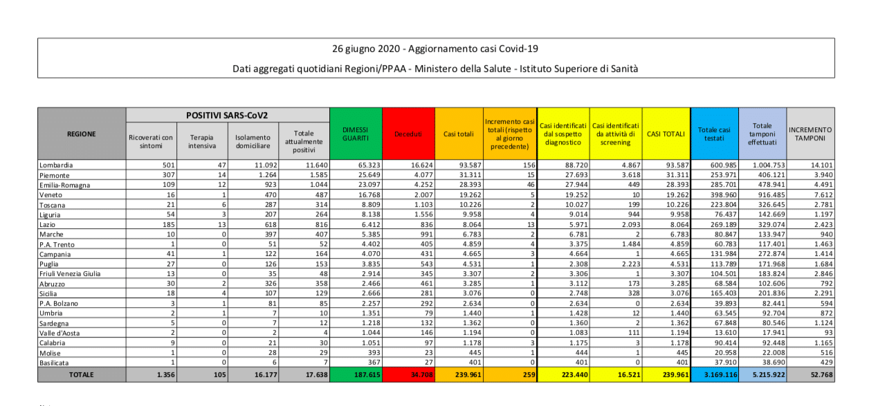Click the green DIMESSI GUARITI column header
coord(356,134)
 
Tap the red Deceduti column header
coord(408,134)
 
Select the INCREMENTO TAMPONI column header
coord(810,134)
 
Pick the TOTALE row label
coord(81,375)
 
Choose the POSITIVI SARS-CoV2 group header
coord(227,115)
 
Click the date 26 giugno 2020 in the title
coord(366,49)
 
